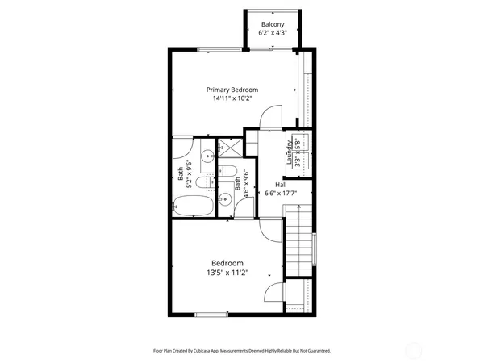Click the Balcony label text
click(270, 25)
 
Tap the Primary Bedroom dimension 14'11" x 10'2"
click(232, 99)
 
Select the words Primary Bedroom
click(232, 90)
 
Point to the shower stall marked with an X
click(230, 148)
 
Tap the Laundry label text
click(289, 153)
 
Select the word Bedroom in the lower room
click(227, 263)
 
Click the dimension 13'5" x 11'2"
click(227, 273)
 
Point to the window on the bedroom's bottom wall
click(209, 314)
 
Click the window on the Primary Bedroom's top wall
click(219, 49)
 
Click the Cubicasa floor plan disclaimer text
click(242, 351)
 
